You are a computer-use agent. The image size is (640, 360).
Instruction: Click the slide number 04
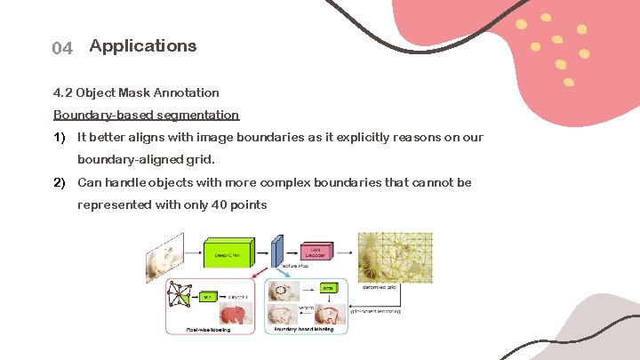tap(62, 48)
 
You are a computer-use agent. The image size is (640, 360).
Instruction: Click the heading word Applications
tap(143, 45)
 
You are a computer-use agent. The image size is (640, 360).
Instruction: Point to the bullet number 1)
tap(60, 137)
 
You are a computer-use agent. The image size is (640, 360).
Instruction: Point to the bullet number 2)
tap(60, 182)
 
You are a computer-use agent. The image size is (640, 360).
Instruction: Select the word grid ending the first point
tap(201, 160)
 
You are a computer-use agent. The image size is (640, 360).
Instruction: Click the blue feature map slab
tap(277, 252)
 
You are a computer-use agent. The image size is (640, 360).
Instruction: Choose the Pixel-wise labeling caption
tap(209, 329)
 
